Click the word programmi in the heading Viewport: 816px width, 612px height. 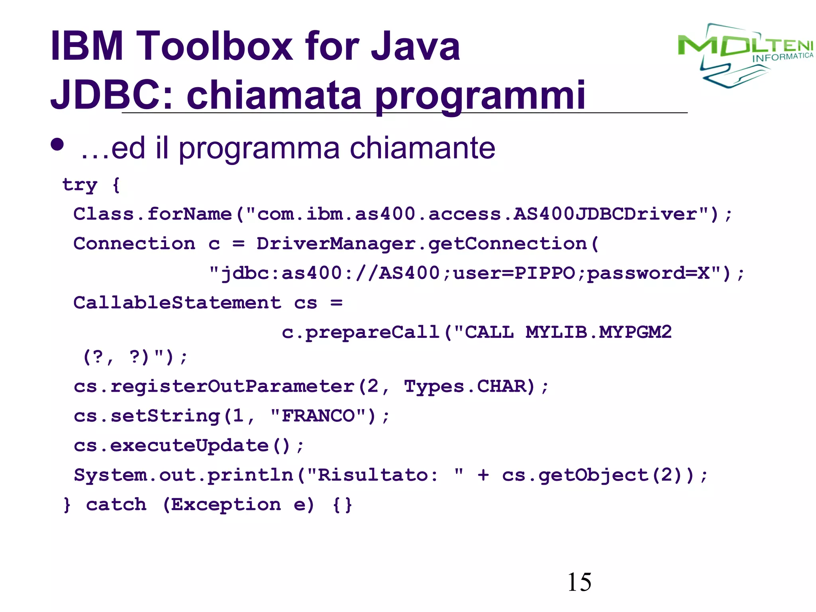480,96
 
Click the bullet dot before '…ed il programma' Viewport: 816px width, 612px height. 57,145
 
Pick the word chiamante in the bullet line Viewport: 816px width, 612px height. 422,148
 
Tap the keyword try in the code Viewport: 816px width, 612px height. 80,185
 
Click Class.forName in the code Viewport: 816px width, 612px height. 152,214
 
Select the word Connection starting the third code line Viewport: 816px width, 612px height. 134,244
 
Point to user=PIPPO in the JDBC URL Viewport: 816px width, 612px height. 514,273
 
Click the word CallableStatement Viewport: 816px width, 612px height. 177,303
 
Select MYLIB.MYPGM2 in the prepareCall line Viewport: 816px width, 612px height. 598,332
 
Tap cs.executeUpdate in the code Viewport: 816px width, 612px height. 171,445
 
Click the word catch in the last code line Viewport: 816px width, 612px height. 116,504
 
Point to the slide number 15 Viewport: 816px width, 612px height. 579,582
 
